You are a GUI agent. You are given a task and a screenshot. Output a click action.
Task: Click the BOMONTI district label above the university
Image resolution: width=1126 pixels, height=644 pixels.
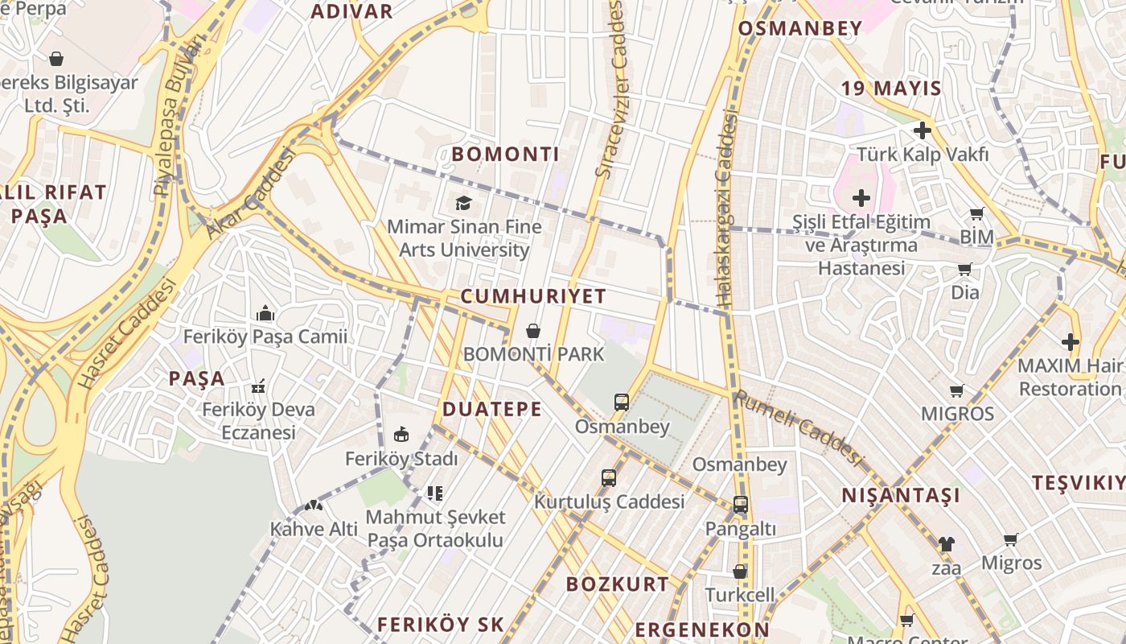pos(505,154)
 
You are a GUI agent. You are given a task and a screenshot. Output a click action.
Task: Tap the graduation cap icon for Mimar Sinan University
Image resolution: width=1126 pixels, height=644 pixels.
pos(463,203)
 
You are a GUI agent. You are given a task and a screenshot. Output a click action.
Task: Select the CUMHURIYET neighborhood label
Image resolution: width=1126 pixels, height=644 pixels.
pos(533,296)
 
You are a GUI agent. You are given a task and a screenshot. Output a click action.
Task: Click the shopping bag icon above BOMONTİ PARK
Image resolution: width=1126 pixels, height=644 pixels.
pos(532,331)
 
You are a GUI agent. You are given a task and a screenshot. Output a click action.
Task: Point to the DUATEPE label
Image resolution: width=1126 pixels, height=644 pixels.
pos(491,410)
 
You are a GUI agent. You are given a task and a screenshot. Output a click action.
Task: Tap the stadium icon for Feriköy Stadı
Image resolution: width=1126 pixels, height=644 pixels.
pos(401,436)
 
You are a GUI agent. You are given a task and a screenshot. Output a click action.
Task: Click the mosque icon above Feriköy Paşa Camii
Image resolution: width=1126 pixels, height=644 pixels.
pos(265,313)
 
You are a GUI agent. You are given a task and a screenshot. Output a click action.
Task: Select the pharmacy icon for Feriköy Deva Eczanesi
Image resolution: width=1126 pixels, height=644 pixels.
pos(259,387)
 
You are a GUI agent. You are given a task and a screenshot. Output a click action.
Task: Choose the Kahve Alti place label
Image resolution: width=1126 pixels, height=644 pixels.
pos(314,529)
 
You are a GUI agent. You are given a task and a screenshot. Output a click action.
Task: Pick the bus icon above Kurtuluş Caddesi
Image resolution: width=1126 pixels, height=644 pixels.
pos(609,478)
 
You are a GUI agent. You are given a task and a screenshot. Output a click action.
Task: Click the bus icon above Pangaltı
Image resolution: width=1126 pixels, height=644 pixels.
pos(740,506)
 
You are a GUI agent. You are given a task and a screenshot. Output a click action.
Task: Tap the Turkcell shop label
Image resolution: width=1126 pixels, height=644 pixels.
pos(740,595)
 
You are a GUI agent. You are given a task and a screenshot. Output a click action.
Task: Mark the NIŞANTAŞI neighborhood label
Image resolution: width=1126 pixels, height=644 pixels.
pos(901,495)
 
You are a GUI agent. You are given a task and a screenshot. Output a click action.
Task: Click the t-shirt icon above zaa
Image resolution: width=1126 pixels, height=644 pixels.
pos(946,544)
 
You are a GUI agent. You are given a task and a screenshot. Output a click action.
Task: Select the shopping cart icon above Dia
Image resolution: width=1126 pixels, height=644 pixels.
pos(964,270)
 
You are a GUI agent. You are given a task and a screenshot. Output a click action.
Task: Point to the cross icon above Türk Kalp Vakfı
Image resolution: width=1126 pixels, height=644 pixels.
pos(922,130)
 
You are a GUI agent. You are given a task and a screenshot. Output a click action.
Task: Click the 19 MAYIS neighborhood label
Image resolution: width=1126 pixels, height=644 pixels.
pos(891,89)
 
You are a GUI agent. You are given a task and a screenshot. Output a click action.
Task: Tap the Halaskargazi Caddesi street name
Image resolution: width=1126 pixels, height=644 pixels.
pos(727,209)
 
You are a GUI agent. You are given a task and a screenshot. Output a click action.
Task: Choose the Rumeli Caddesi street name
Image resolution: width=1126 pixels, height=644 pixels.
pos(799,427)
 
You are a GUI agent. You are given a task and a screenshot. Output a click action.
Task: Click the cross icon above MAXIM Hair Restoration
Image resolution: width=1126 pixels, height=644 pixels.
pos(1070,342)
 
